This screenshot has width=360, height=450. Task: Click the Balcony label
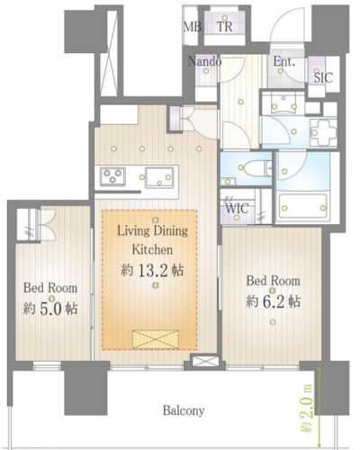pyautogui.click(x=184, y=410)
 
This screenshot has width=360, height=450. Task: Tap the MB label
pyautogui.click(x=193, y=27)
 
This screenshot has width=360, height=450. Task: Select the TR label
pyautogui.click(x=225, y=27)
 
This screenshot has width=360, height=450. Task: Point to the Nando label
pyautogui.click(x=205, y=61)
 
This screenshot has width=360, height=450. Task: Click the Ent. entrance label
pyautogui.click(x=284, y=61)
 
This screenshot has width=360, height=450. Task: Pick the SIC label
pyautogui.click(x=323, y=78)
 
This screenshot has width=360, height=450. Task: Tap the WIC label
pyautogui.click(x=237, y=208)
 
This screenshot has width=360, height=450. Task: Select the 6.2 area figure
pyautogui.click(x=273, y=301)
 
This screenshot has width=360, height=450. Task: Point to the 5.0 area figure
pyautogui.click(x=50, y=309)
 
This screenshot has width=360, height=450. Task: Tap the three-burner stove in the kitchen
pyautogui.click(x=112, y=176)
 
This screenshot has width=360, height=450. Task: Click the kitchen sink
pyautogui.click(x=159, y=178)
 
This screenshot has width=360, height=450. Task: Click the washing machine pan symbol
pyautogui.click(x=323, y=132)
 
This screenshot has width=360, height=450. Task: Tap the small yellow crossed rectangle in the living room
pyautogui.click(x=156, y=339)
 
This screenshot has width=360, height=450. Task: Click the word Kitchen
pyautogui.click(x=152, y=249)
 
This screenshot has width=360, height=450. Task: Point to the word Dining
pyautogui.click(x=170, y=231)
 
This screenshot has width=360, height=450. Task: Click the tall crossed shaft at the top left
pyautogui.click(x=108, y=53)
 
